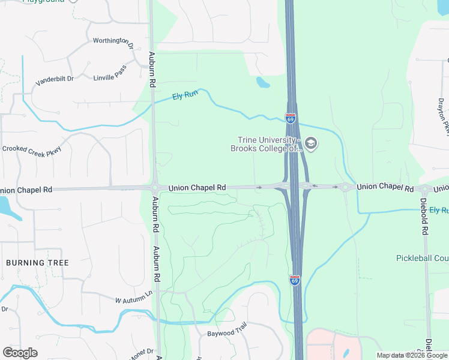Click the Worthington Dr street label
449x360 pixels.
point(113,41)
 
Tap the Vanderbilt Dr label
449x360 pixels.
point(54,79)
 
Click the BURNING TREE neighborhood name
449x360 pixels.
point(37,263)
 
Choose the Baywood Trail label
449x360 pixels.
point(227,332)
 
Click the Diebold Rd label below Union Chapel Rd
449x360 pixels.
point(424,216)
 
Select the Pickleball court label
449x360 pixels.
point(422,258)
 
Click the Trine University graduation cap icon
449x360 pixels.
point(310,143)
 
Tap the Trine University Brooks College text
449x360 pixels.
point(264,145)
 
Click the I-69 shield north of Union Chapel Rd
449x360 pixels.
point(291,119)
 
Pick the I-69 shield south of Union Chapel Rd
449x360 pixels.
point(295,280)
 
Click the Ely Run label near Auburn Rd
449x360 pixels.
point(185,96)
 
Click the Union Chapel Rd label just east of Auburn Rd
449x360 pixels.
point(197,188)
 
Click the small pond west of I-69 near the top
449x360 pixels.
point(262,82)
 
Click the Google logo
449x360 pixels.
point(20,353)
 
